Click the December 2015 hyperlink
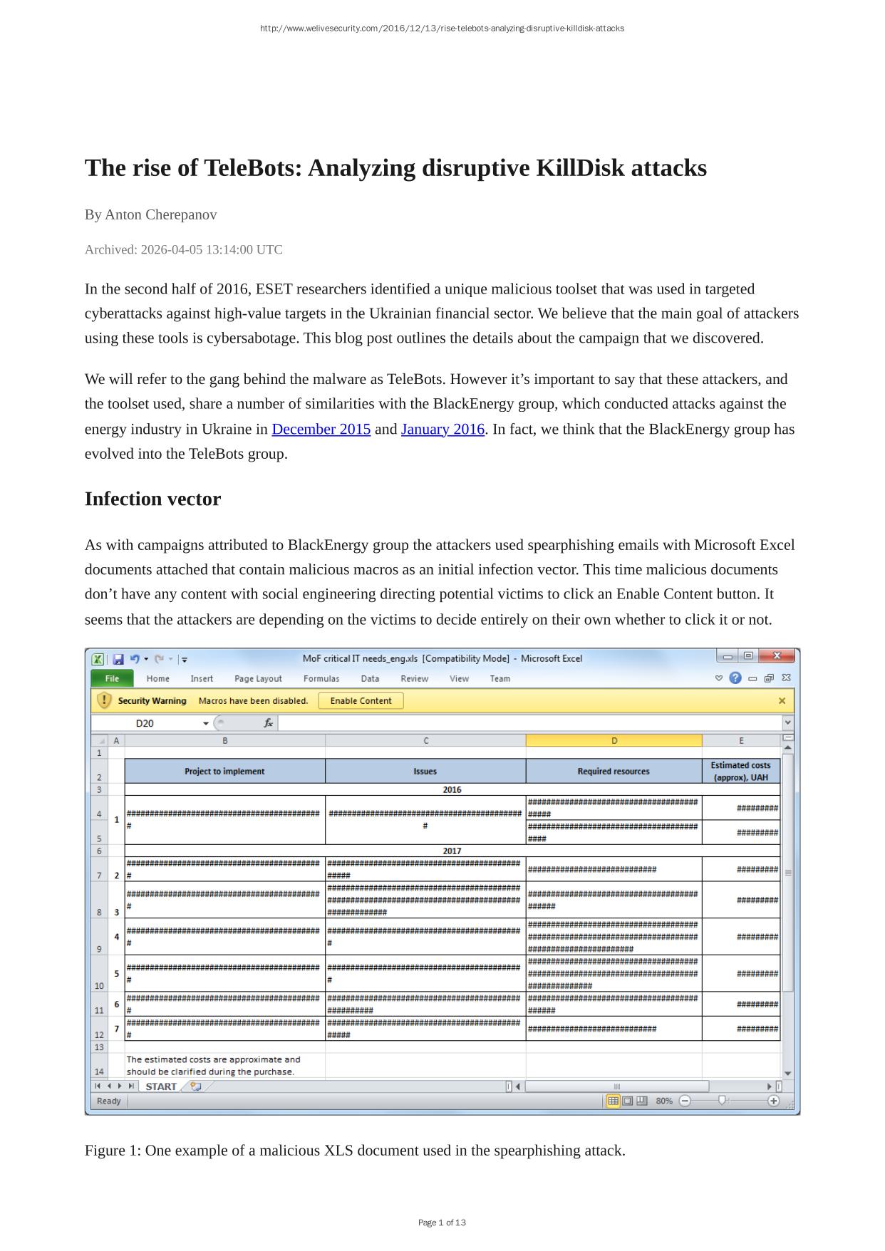click(x=321, y=429)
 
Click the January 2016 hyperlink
click(x=442, y=429)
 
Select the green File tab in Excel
click(x=112, y=678)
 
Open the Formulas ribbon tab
click(x=321, y=678)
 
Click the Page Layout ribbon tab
click(x=258, y=678)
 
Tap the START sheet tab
click(x=160, y=1086)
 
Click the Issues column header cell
click(x=425, y=771)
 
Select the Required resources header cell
click(x=614, y=771)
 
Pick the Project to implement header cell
click(x=224, y=771)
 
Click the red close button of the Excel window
click(x=777, y=656)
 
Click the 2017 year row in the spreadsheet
click(x=452, y=851)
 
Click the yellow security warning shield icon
click(x=104, y=700)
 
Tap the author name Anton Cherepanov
click(x=161, y=214)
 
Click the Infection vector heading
click(x=152, y=499)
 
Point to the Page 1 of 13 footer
click(x=442, y=1223)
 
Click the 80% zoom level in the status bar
click(x=664, y=1101)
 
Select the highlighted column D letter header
click(x=614, y=740)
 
